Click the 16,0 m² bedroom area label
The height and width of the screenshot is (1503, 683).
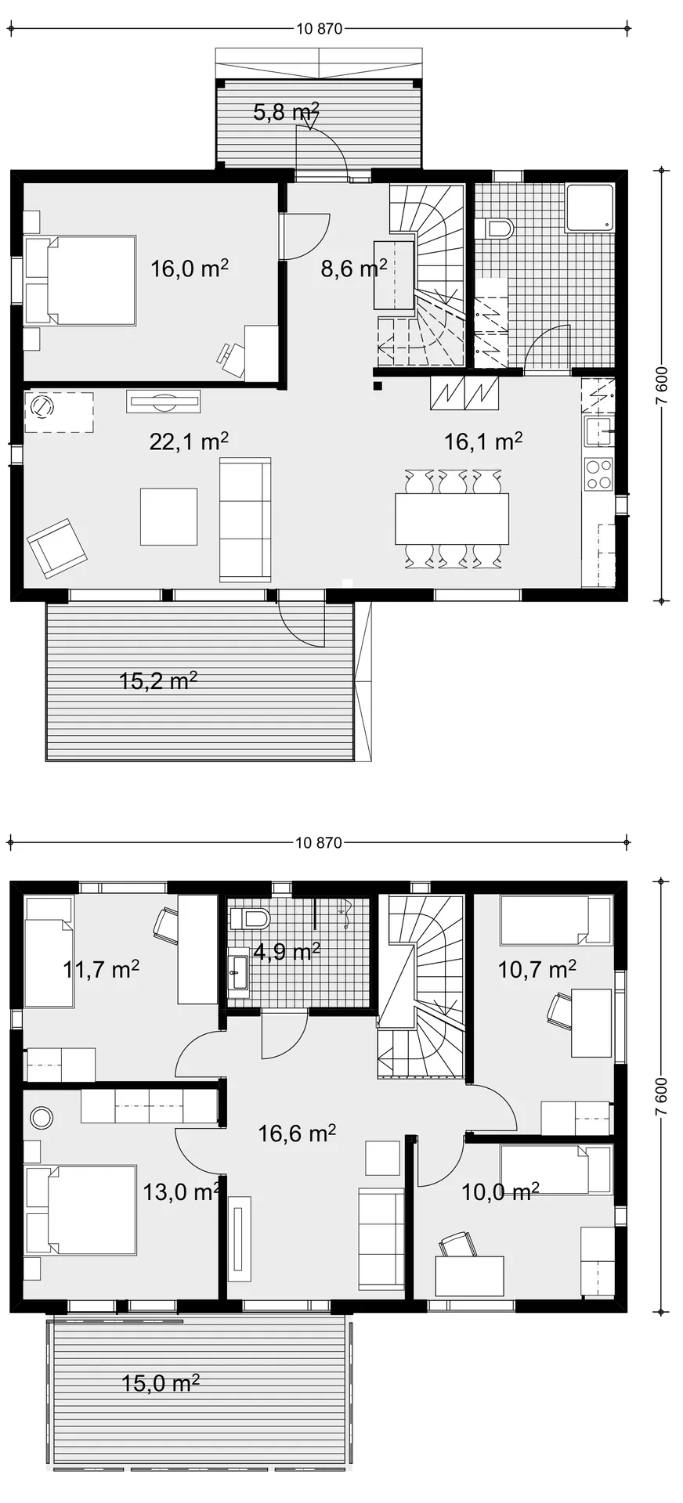click(190, 269)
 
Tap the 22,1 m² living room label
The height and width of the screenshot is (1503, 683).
click(189, 442)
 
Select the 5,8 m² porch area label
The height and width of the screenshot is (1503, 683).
click(286, 112)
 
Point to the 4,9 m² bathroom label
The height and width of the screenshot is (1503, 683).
click(287, 952)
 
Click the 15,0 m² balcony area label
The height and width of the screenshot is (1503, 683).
click(161, 1383)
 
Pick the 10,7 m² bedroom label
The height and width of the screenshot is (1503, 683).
click(537, 970)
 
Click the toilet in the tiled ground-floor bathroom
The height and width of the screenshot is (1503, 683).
click(498, 229)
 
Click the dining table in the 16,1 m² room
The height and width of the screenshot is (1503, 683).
click(452, 518)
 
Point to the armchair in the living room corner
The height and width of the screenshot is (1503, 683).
click(56, 548)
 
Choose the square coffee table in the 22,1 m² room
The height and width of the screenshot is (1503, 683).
click(168, 517)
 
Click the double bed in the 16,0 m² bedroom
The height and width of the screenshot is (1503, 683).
click(80, 280)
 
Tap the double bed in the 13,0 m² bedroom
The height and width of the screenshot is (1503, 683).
click(80, 1210)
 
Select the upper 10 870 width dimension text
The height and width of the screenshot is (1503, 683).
click(320, 29)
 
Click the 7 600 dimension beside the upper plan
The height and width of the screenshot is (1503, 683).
click(662, 385)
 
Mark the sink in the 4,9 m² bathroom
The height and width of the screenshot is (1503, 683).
click(238, 970)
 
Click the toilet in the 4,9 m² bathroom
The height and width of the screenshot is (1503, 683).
click(250, 918)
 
